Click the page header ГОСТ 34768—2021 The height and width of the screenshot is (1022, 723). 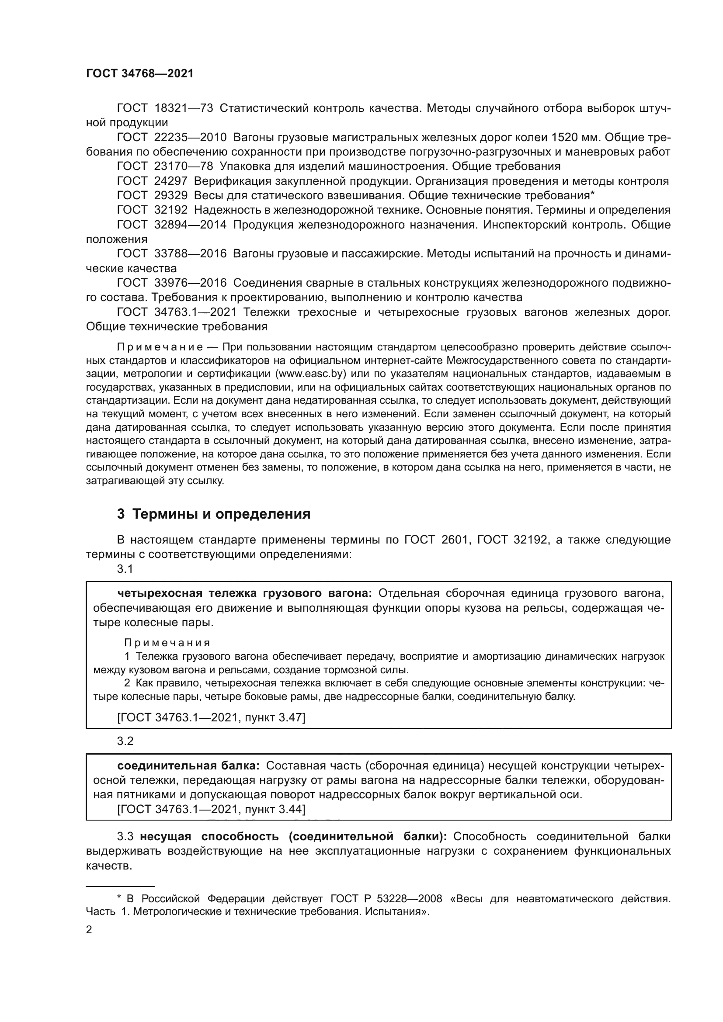(x=140, y=74)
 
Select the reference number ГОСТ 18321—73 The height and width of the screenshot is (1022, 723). (x=165, y=108)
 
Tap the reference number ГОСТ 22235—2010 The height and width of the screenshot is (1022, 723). (x=172, y=138)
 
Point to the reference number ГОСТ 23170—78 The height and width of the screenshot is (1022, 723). (x=165, y=166)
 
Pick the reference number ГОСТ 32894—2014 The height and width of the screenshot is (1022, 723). (x=172, y=225)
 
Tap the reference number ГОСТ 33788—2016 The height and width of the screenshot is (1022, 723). (x=172, y=254)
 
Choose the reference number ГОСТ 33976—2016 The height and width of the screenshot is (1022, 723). (x=172, y=283)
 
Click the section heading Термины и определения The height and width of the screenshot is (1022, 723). (x=221, y=514)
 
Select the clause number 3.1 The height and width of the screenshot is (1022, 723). (x=125, y=569)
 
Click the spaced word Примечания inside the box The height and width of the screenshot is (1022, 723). (x=167, y=643)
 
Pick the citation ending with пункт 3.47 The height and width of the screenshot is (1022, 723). (x=211, y=717)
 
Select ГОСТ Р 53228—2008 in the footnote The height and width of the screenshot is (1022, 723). (x=386, y=899)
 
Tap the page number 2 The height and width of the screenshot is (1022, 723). (x=89, y=929)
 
